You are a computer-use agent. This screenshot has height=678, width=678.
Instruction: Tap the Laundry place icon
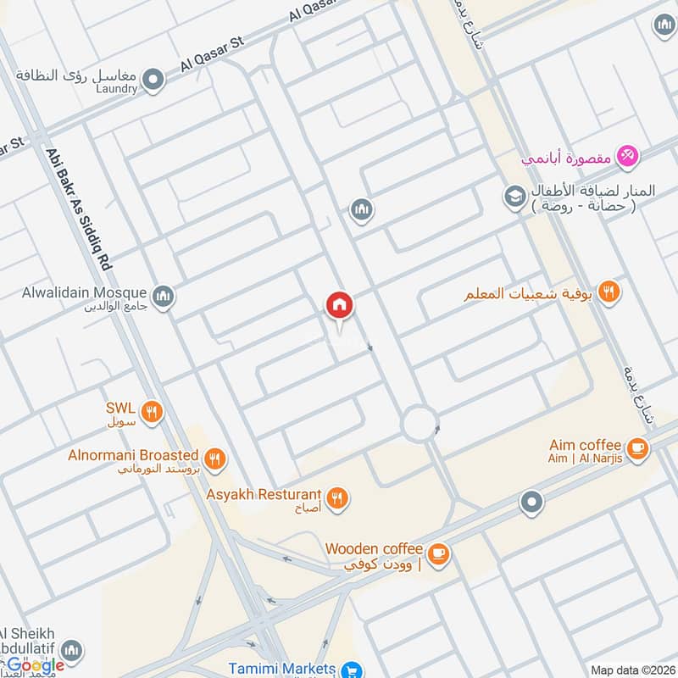point(153,81)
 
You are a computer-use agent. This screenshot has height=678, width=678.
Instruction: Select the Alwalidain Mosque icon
point(164,296)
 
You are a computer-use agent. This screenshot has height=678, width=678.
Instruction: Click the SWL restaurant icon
point(152,413)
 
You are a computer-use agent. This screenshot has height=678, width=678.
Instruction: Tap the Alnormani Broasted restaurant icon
point(215,459)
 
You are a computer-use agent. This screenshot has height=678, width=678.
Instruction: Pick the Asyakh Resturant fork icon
point(337,498)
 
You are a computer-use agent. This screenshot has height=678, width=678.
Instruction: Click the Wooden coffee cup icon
point(437,553)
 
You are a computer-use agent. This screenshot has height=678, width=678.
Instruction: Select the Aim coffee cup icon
point(637,449)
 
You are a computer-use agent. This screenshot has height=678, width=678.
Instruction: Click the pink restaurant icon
point(628,156)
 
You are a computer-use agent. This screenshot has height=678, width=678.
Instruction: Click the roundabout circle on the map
point(419,424)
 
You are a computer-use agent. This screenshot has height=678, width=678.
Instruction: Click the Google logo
point(33,664)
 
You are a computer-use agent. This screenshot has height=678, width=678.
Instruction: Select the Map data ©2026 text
point(632,670)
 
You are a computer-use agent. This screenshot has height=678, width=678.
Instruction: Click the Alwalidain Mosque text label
point(85,293)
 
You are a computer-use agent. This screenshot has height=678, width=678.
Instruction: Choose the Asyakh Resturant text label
point(264,494)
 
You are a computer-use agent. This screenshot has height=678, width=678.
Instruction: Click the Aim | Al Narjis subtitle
point(586,458)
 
